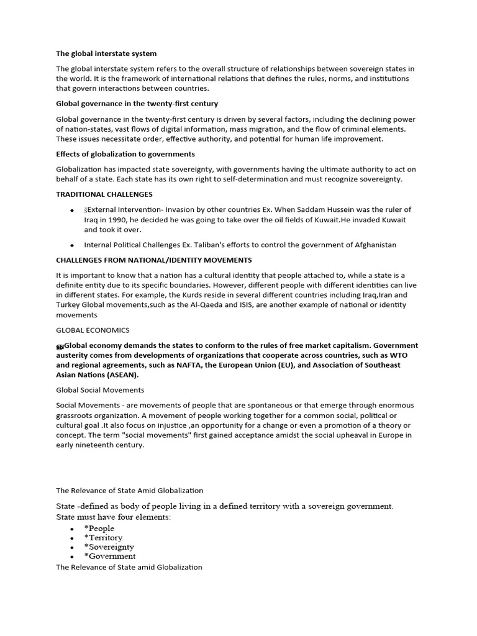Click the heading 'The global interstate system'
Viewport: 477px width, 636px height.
point(111,53)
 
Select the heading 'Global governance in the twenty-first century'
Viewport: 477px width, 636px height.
point(137,103)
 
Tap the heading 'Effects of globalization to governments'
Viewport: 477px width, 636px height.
point(125,153)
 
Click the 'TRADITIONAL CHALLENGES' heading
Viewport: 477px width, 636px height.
point(104,194)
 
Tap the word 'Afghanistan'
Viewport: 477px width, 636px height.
point(373,245)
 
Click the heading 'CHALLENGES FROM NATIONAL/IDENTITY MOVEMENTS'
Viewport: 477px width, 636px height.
point(154,260)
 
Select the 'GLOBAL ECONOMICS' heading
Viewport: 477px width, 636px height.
point(93,330)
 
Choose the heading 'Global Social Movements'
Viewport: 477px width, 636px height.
point(100,390)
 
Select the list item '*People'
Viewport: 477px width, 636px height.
point(99,528)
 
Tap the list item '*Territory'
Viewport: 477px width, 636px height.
point(103,537)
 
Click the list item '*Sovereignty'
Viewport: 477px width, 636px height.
point(109,547)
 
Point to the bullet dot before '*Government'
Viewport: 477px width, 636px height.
point(72,556)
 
